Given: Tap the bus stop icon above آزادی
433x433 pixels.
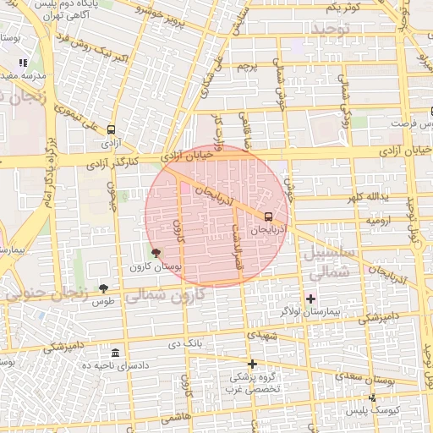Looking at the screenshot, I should [x=111, y=129].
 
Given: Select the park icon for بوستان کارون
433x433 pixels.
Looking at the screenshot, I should [x=155, y=253].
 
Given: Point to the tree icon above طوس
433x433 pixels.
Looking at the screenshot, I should [x=103, y=288].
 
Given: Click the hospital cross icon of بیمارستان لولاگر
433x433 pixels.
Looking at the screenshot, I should [x=311, y=299].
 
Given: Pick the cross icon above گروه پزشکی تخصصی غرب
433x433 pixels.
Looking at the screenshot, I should [x=251, y=364].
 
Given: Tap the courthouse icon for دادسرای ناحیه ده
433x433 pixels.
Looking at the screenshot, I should [x=115, y=352].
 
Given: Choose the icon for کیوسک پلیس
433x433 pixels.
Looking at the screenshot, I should [x=371, y=397].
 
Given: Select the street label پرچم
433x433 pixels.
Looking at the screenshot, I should [x=247, y=66].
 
